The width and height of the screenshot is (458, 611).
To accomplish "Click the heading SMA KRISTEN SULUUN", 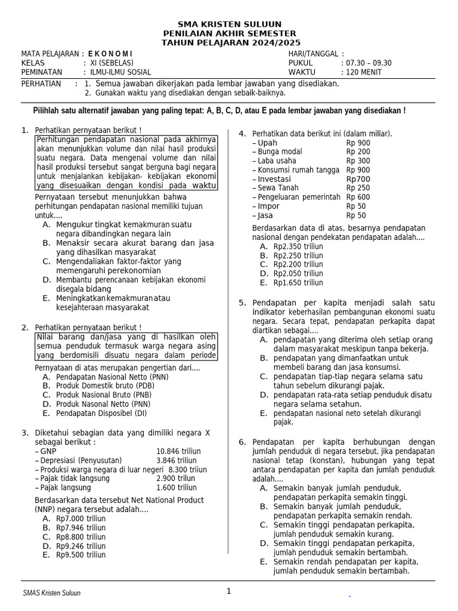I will click(231, 24).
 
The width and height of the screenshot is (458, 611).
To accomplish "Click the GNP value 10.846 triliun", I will click(178, 451).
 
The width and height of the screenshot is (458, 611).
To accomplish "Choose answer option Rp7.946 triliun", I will click(81, 528).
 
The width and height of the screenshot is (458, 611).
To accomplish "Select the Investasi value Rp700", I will click(358, 179).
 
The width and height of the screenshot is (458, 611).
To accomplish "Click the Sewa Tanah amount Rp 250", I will click(358, 188).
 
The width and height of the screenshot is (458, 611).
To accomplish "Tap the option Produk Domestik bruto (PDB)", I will click(104, 386).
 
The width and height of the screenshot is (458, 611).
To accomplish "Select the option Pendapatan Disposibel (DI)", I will click(101, 413).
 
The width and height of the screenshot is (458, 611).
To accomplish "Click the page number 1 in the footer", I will click(228, 591).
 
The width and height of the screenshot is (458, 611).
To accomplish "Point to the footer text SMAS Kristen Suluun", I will click(51, 593).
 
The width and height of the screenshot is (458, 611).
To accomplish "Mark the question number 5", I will click(242, 303).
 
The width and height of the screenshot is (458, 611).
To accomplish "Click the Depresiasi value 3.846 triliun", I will click(176, 461).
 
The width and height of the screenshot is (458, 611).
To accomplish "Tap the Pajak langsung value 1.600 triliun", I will click(176, 487).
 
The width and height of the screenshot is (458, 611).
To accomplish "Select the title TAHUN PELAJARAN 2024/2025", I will click(231, 43).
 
